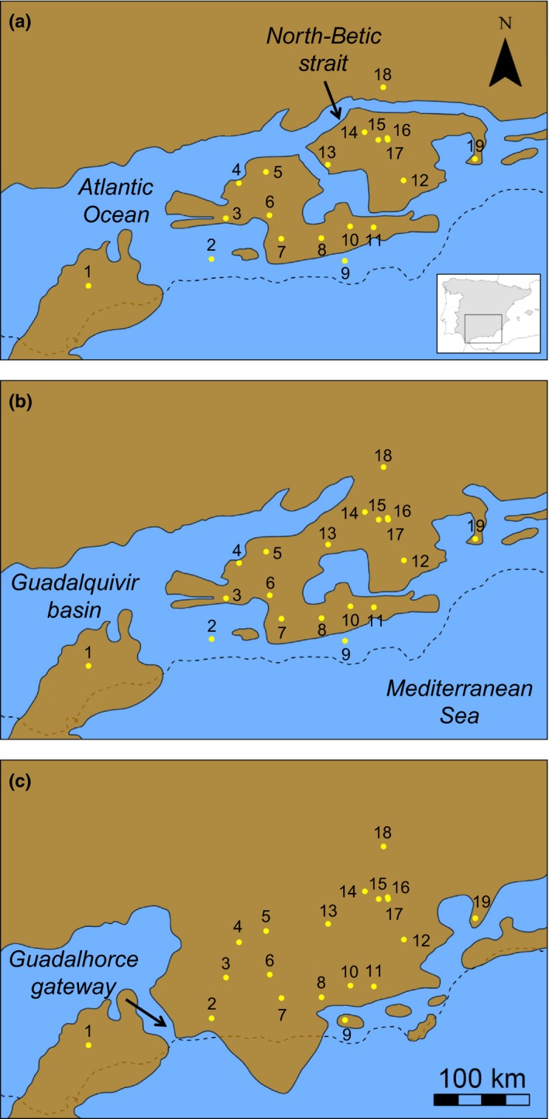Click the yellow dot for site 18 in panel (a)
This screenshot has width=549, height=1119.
(x=383, y=88)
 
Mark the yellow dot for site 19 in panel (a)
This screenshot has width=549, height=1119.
(x=475, y=159)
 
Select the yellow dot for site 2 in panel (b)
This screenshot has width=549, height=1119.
(x=211, y=639)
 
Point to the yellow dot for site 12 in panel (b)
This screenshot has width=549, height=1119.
(x=403, y=560)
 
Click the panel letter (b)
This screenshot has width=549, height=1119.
(x=19, y=403)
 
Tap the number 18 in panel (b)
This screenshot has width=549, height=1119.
(x=383, y=455)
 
